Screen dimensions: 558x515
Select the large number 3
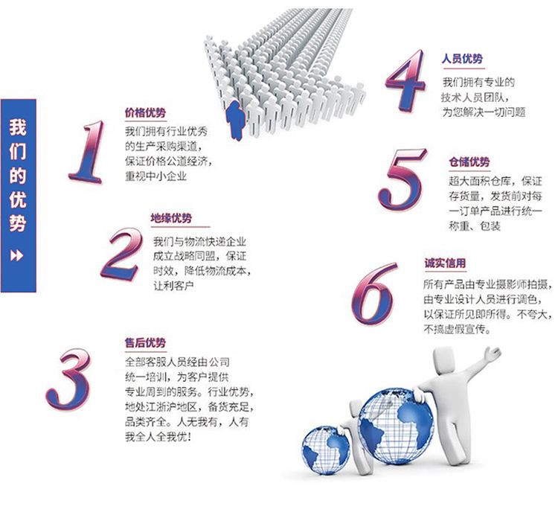pos(68,378)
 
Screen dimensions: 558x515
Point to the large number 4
pos(406,80)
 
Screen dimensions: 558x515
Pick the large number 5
pos(402,179)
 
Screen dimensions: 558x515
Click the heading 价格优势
pos(145,113)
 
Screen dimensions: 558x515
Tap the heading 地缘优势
pos(171,218)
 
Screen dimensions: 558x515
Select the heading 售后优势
pos(145,342)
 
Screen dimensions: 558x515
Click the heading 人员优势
pos(462,58)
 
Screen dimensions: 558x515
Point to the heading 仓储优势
pos(469,162)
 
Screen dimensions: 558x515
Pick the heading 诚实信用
pos(445,263)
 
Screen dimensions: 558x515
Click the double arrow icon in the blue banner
pos(16,255)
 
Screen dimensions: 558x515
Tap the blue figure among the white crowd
pos(236,121)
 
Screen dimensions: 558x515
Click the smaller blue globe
pos(326,450)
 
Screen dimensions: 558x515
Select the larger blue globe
pos(396,427)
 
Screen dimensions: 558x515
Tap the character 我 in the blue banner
pos(18,127)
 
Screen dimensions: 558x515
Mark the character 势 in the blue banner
pos(18,223)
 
